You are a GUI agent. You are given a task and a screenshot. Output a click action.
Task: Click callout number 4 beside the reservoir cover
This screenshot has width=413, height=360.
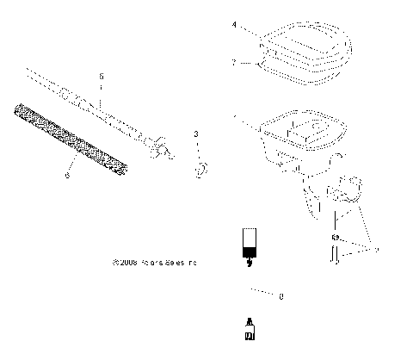click(x=234, y=27)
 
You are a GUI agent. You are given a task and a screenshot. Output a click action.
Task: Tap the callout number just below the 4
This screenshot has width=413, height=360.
click(x=234, y=62)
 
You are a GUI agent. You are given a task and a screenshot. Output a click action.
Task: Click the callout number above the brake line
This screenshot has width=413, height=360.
click(x=101, y=77)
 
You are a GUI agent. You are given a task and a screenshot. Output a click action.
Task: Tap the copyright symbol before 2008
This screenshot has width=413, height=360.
click(x=115, y=264)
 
